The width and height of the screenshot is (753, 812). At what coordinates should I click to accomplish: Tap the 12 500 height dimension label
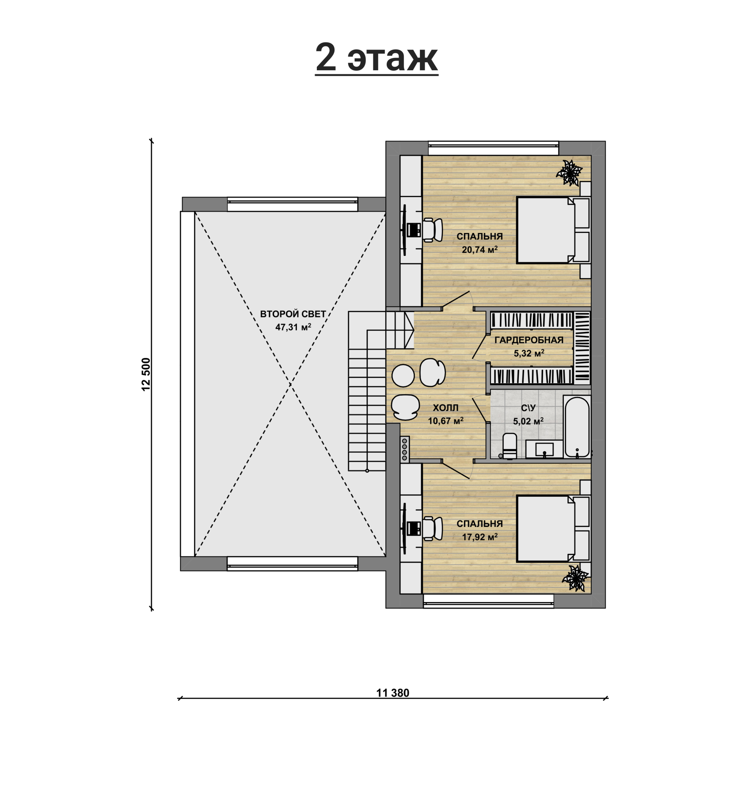[147, 374]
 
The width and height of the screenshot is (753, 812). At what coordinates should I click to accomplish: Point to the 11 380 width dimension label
[393, 693]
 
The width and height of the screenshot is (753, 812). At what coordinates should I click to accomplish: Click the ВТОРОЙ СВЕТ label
[293, 314]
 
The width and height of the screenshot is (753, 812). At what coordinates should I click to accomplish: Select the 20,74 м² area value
[480, 250]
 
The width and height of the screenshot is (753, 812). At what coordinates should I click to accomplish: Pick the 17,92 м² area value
[480, 537]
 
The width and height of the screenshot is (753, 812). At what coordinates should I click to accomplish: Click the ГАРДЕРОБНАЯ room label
[529, 340]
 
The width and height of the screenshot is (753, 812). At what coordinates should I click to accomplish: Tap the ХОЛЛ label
[445, 408]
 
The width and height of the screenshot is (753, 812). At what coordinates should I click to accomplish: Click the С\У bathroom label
[528, 408]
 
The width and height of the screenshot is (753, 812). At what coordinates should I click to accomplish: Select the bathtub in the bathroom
[577, 426]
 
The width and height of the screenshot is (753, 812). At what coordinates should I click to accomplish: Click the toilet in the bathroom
[510, 446]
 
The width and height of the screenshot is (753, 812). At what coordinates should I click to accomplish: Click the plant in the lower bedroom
[575, 578]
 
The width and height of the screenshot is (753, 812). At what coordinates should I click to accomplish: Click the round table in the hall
[403, 376]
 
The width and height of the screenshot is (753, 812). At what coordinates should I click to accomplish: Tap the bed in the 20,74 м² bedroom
[553, 230]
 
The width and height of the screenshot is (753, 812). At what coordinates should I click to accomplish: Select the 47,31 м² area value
[293, 328]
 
